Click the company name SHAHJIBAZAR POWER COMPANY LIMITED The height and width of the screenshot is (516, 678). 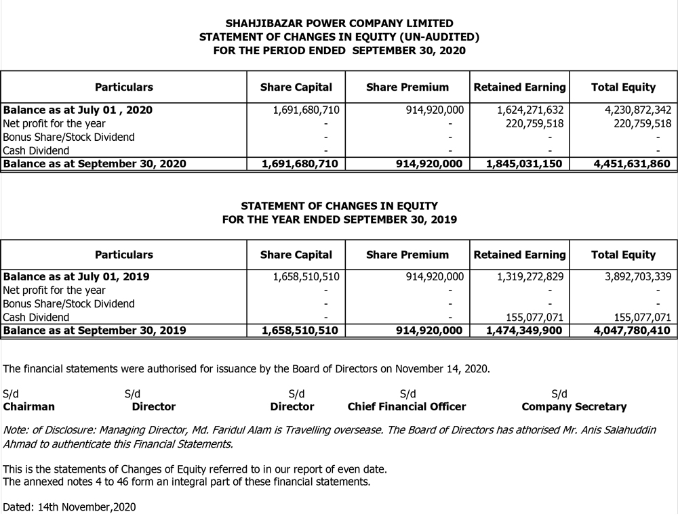pos(339,24)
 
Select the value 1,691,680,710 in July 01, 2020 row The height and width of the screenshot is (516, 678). pos(306,110)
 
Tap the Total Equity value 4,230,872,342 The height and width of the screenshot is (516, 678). pos(637,110)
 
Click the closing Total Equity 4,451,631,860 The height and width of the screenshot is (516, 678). pos(631,164)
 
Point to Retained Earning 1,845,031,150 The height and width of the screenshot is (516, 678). pos(524,164)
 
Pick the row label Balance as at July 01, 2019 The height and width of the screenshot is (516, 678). pos(77,276)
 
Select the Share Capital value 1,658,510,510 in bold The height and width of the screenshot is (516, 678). pos(300,330)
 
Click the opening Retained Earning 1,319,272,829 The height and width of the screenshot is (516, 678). pos(530,276)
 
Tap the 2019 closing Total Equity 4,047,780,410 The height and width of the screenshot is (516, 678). pos(631,330)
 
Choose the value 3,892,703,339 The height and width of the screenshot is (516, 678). pos(637,276)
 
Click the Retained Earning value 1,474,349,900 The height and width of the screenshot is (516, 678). pos(524,330)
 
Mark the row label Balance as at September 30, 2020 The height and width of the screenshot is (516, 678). pos(95,164)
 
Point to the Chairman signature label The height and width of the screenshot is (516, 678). pos(29,407)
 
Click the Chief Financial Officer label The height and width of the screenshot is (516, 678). pos(407,407)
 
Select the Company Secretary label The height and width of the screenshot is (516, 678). pos(574,407)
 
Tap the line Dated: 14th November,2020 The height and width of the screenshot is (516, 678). pos(69,507)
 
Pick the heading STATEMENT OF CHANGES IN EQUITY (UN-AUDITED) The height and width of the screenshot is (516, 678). pos(339,37)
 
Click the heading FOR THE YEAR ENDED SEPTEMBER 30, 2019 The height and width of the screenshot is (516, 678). pos(339,219)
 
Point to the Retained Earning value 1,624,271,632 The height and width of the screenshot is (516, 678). pos(530,110)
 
